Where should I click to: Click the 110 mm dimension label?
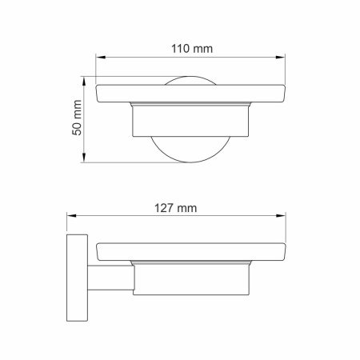pyautogui.click(x=192, y=49)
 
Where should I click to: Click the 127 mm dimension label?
pyautogui.click(x=174, y=208)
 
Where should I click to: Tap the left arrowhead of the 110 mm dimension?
pyautogui.click(x=100, y=58)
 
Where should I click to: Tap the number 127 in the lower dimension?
pyautogui.click(x=165, y=208)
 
